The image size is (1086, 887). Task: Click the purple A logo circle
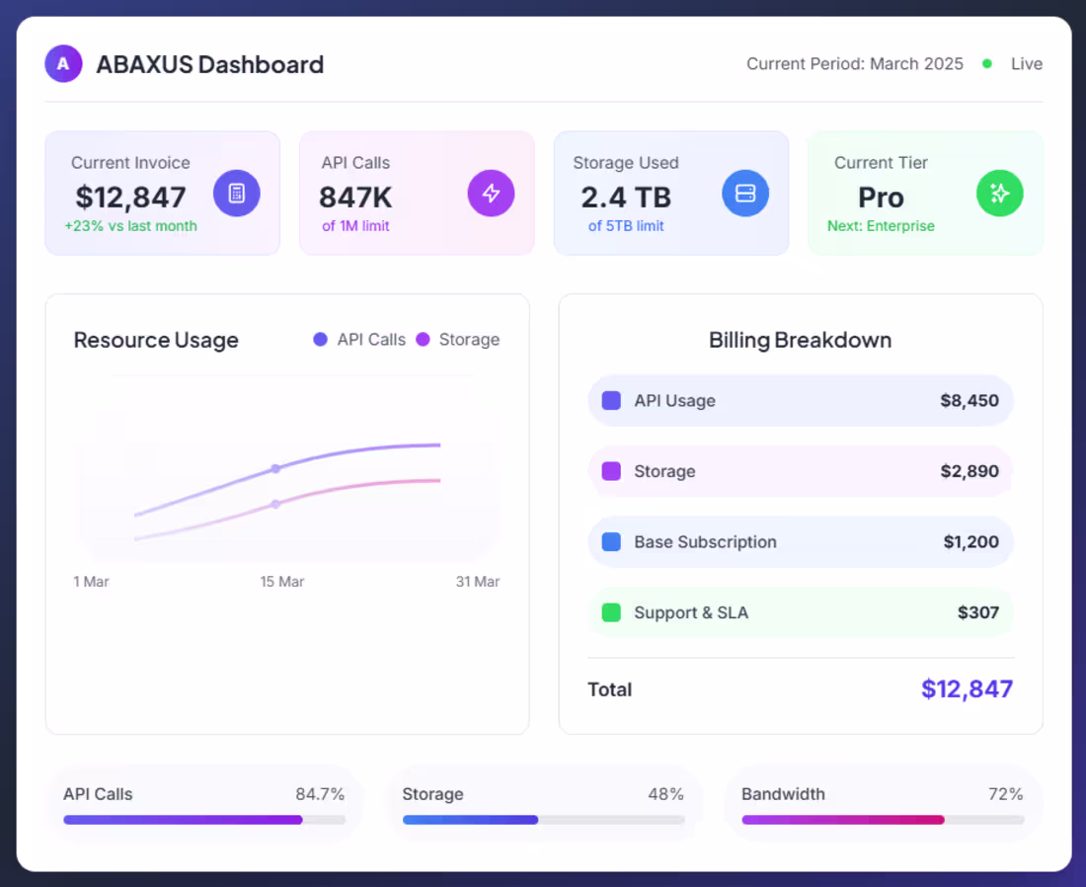[63, 64]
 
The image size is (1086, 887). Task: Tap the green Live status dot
[987, 64]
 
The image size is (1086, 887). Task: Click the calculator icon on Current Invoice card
[237, 193]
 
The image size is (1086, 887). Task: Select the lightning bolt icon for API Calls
[491, 193]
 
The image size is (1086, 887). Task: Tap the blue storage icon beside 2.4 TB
[745, 193]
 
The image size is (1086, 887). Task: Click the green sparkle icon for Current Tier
[999, 193]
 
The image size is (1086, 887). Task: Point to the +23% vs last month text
[131, 226]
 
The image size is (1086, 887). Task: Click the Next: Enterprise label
[881, 226]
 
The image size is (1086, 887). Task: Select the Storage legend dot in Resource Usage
[424, 340]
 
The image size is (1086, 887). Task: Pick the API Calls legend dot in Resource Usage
[320, 340]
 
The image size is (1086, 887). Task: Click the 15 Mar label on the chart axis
[282, 582]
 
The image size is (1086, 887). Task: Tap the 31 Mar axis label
[478, 582]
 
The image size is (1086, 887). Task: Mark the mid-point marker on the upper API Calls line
[275, 469]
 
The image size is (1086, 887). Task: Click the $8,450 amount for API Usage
[970, 401]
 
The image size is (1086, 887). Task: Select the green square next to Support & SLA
[611, 612]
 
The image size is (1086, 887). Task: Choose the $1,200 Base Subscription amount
[970, 542]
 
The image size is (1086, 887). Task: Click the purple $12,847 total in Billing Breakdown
[967, 689]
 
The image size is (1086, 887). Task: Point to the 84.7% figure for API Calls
[320, 794]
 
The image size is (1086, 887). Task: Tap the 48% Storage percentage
[665, 794]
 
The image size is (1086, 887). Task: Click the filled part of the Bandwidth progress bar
[842, 820]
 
